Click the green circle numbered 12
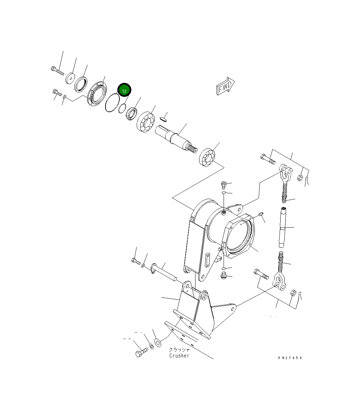(124, 91)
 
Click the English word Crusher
(179, 356)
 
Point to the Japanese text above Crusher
(179, 349)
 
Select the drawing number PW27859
(289, 358)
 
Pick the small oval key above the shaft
(163, 119)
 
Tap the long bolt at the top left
(57, 71)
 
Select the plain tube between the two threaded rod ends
(283, 228)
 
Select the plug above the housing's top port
(224, 184)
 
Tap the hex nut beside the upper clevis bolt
(300, 178)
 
